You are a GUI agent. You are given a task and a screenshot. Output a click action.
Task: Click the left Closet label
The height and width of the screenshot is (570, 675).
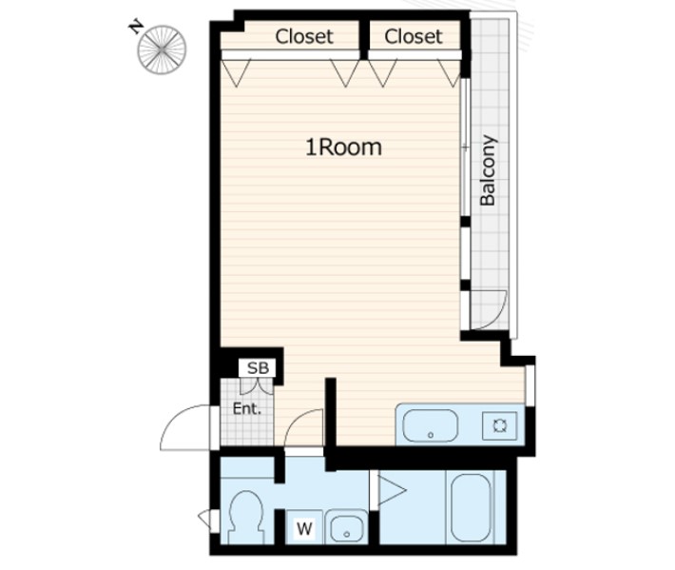pyautogui.click(x=304, y=36)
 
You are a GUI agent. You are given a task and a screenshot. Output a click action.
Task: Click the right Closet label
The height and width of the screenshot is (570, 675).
pyautogui.click(x=414, y=36)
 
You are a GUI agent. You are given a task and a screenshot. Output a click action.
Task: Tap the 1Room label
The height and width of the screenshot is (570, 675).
pyautogui.click(x=343, y=147)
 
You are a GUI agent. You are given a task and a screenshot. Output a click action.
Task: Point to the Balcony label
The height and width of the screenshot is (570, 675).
pyautogui.click(x=488, y=170)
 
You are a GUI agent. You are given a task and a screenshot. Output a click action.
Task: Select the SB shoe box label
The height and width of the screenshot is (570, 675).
pyautogui.click(x=258, y=368)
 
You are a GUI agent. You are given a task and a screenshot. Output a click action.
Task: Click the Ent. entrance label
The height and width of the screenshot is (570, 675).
pyautogui.click(x=246, y=408)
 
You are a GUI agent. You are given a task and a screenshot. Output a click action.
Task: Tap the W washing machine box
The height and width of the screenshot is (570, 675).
pyautogui.click(x=304, y=528)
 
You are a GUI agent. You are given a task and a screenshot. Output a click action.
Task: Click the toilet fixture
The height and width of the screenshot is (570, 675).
pyautogui.click(x=245, y=516)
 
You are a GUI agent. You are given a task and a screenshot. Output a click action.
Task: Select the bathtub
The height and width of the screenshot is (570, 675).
pyautogui.click(x=470, y=507)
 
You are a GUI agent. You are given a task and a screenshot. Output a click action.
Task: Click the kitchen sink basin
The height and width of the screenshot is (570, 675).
pyautogui.click(x=430, y=425)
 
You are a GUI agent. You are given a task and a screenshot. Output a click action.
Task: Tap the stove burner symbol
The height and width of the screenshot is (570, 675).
pyautogui.click(x=499, y=425)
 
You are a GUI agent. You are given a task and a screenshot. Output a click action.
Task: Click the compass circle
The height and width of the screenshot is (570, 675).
pyautogui.click(x=162, y=49)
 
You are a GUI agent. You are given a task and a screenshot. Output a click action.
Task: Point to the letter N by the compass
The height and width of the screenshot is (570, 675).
pyautogui.click(x=136, y=28)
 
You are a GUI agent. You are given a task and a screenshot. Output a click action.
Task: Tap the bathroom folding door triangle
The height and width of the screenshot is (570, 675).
pyautogui.click(x=392, y=490)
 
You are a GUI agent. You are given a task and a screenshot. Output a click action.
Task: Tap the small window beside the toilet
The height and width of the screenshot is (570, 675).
pyautogui.click(x=205, y=520)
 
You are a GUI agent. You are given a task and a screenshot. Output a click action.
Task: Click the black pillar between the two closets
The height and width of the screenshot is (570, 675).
pyautogui.click(x=364, y=40)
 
